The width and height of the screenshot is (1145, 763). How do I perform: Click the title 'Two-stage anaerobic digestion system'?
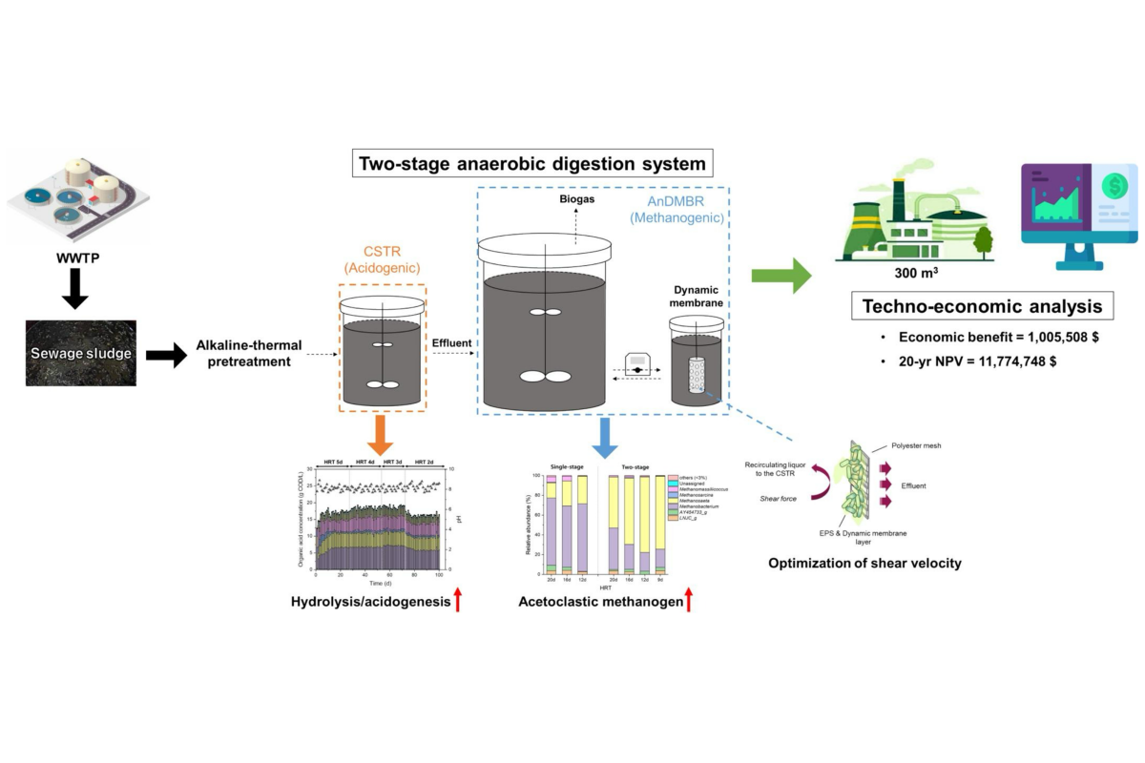pyautogui.click(x=531, y=163)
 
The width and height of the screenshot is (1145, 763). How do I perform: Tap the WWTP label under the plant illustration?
pyautogui.click(x=74, y=258)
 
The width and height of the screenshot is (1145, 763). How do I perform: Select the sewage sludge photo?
pyautogui.click(x=79, y=353)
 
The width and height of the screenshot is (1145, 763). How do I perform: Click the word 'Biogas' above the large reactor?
pyautogui.click(x=575, y=200)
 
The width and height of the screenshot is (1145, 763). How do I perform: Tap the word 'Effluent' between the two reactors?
pyautogui.click(x=452, y=340)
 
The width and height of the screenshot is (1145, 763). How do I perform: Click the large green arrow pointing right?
pyautogui.click(x=781, y=276)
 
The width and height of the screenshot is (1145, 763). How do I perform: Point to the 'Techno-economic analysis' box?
pyautogui.click(x=983, y=306)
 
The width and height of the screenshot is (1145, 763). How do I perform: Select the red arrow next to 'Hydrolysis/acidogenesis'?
pyautogui.click(x=459, y=601)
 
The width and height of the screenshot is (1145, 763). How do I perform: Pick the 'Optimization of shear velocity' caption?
pyautogui.click(x=864, y=563)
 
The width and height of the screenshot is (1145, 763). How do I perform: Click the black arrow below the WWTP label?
pyautogui.click(x=74, y=290)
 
